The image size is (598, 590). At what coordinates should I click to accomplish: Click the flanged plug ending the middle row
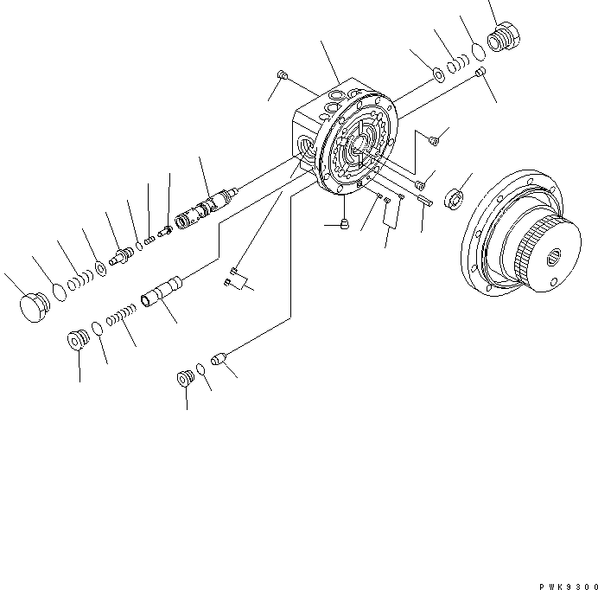[79, 338]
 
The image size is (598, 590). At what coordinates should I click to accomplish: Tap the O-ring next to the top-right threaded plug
[476, 53]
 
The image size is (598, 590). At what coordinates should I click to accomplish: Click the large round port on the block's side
[304, 142]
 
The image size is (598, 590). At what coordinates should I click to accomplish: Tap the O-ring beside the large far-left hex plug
[59, 292]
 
